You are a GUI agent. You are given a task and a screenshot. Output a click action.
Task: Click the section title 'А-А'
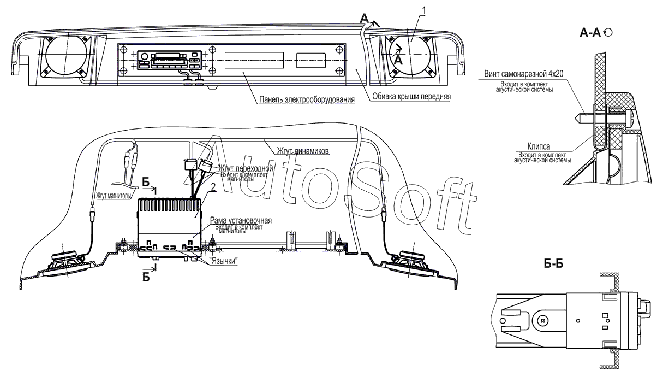coord(590,34)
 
